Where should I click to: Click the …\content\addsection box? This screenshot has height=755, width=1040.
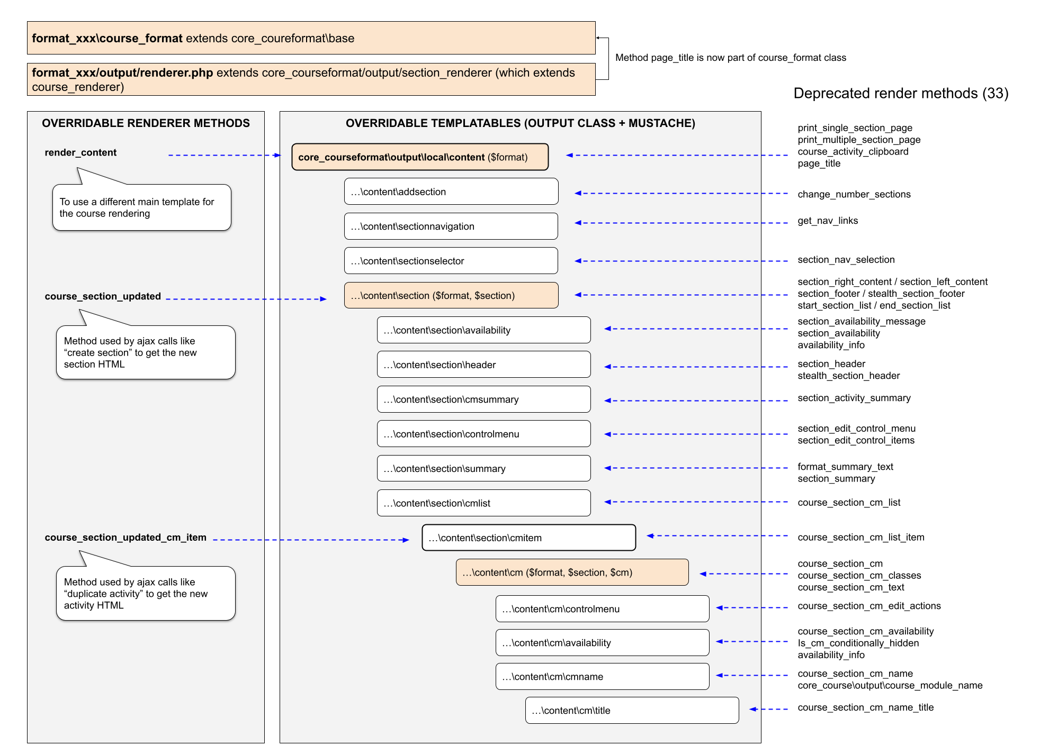451,192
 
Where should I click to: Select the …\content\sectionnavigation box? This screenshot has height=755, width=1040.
451,226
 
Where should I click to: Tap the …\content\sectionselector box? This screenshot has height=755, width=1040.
451,261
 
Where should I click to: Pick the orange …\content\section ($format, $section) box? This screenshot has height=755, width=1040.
451,295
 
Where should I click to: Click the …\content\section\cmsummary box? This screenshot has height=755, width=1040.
483,399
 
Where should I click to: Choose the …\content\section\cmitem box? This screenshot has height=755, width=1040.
528,538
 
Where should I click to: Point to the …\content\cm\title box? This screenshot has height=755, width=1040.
632,710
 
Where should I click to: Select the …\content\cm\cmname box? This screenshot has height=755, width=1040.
602,676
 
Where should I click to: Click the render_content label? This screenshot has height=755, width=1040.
80,152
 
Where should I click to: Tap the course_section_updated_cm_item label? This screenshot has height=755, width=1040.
125,538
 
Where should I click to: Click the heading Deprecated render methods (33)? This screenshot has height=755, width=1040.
901,94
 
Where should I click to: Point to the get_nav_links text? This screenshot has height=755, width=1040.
828,221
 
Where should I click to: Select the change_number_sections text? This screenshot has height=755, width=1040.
854,194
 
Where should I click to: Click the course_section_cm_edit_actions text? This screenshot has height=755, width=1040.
869,606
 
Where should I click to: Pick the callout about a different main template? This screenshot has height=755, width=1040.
141,207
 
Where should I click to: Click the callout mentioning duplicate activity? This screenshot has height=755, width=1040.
146,593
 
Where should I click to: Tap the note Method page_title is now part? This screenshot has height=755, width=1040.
730,58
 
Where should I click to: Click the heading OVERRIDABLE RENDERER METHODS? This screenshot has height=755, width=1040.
146,123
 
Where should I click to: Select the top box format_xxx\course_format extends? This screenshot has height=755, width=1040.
311,38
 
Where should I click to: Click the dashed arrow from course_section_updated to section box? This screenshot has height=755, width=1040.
246,299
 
